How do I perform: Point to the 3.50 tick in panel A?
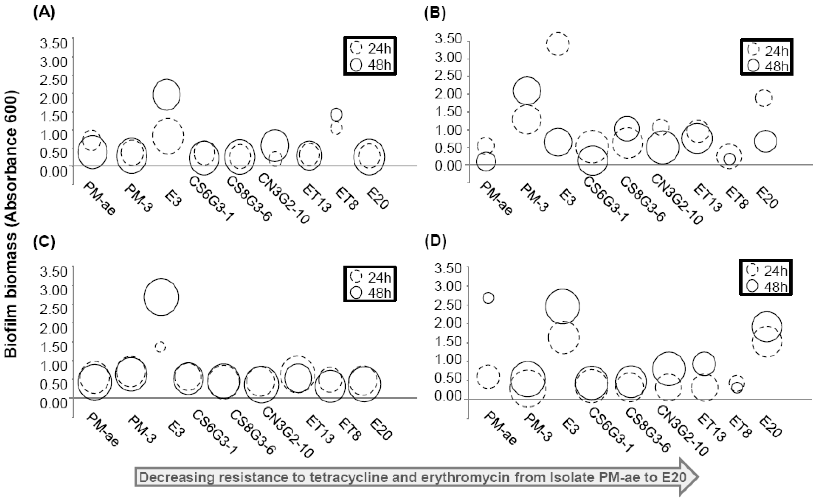(53, 43)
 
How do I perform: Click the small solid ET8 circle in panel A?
(336, 115)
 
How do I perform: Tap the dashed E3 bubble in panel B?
(558, 44)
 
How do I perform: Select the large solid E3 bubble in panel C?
(161, 297)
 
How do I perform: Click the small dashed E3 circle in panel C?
(160, 347)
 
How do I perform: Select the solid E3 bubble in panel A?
(167, 95)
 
